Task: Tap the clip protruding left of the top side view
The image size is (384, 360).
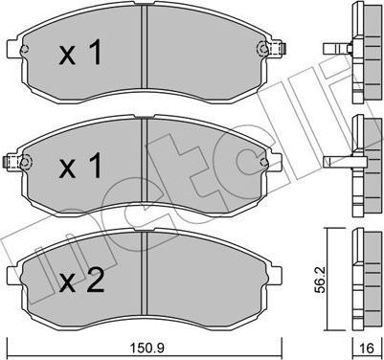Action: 335,47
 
